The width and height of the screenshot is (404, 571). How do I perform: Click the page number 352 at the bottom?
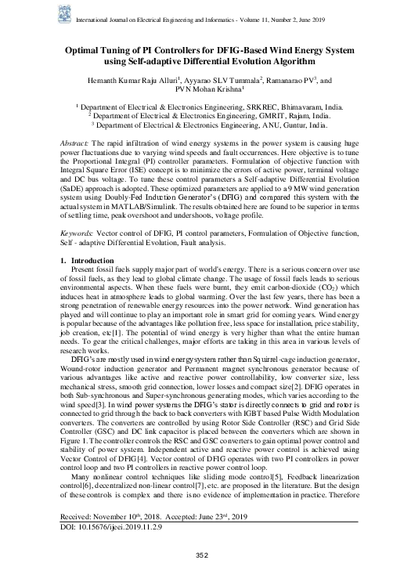click(201, 555)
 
